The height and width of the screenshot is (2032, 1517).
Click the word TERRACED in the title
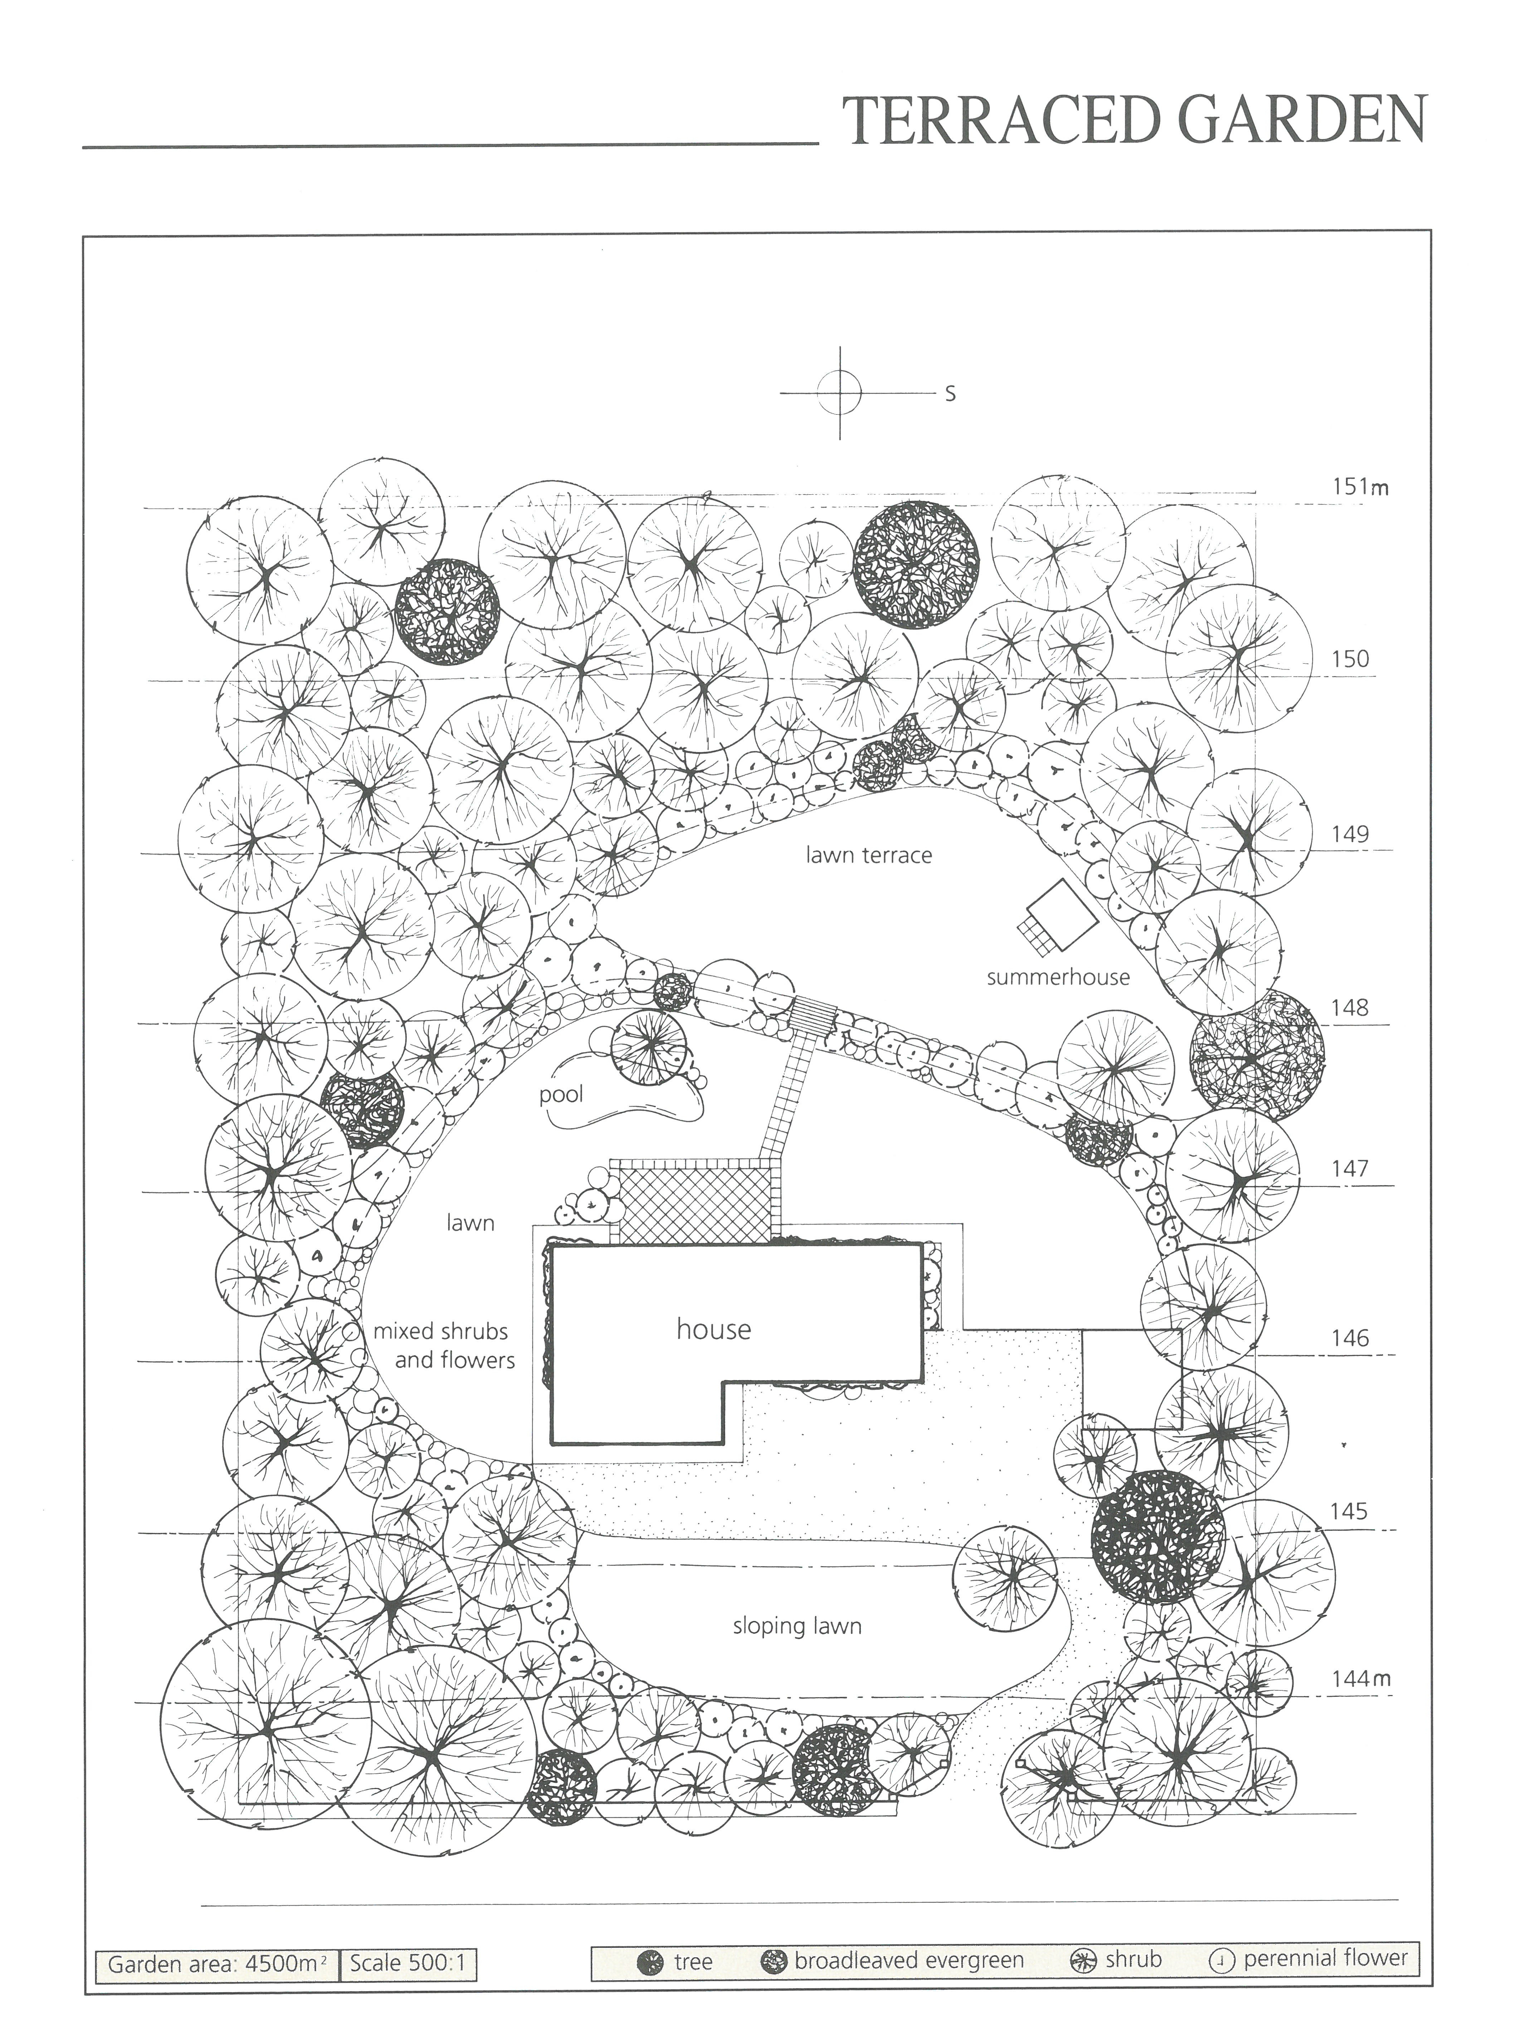(x=985, y=120)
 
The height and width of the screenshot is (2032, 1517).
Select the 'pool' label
(x=561, y=1094)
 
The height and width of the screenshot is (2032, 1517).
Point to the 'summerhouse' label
(x=1058, y=977)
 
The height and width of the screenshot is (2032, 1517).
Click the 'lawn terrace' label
(x=869, y=856)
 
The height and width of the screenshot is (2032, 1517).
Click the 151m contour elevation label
(x=1360, y=487)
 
